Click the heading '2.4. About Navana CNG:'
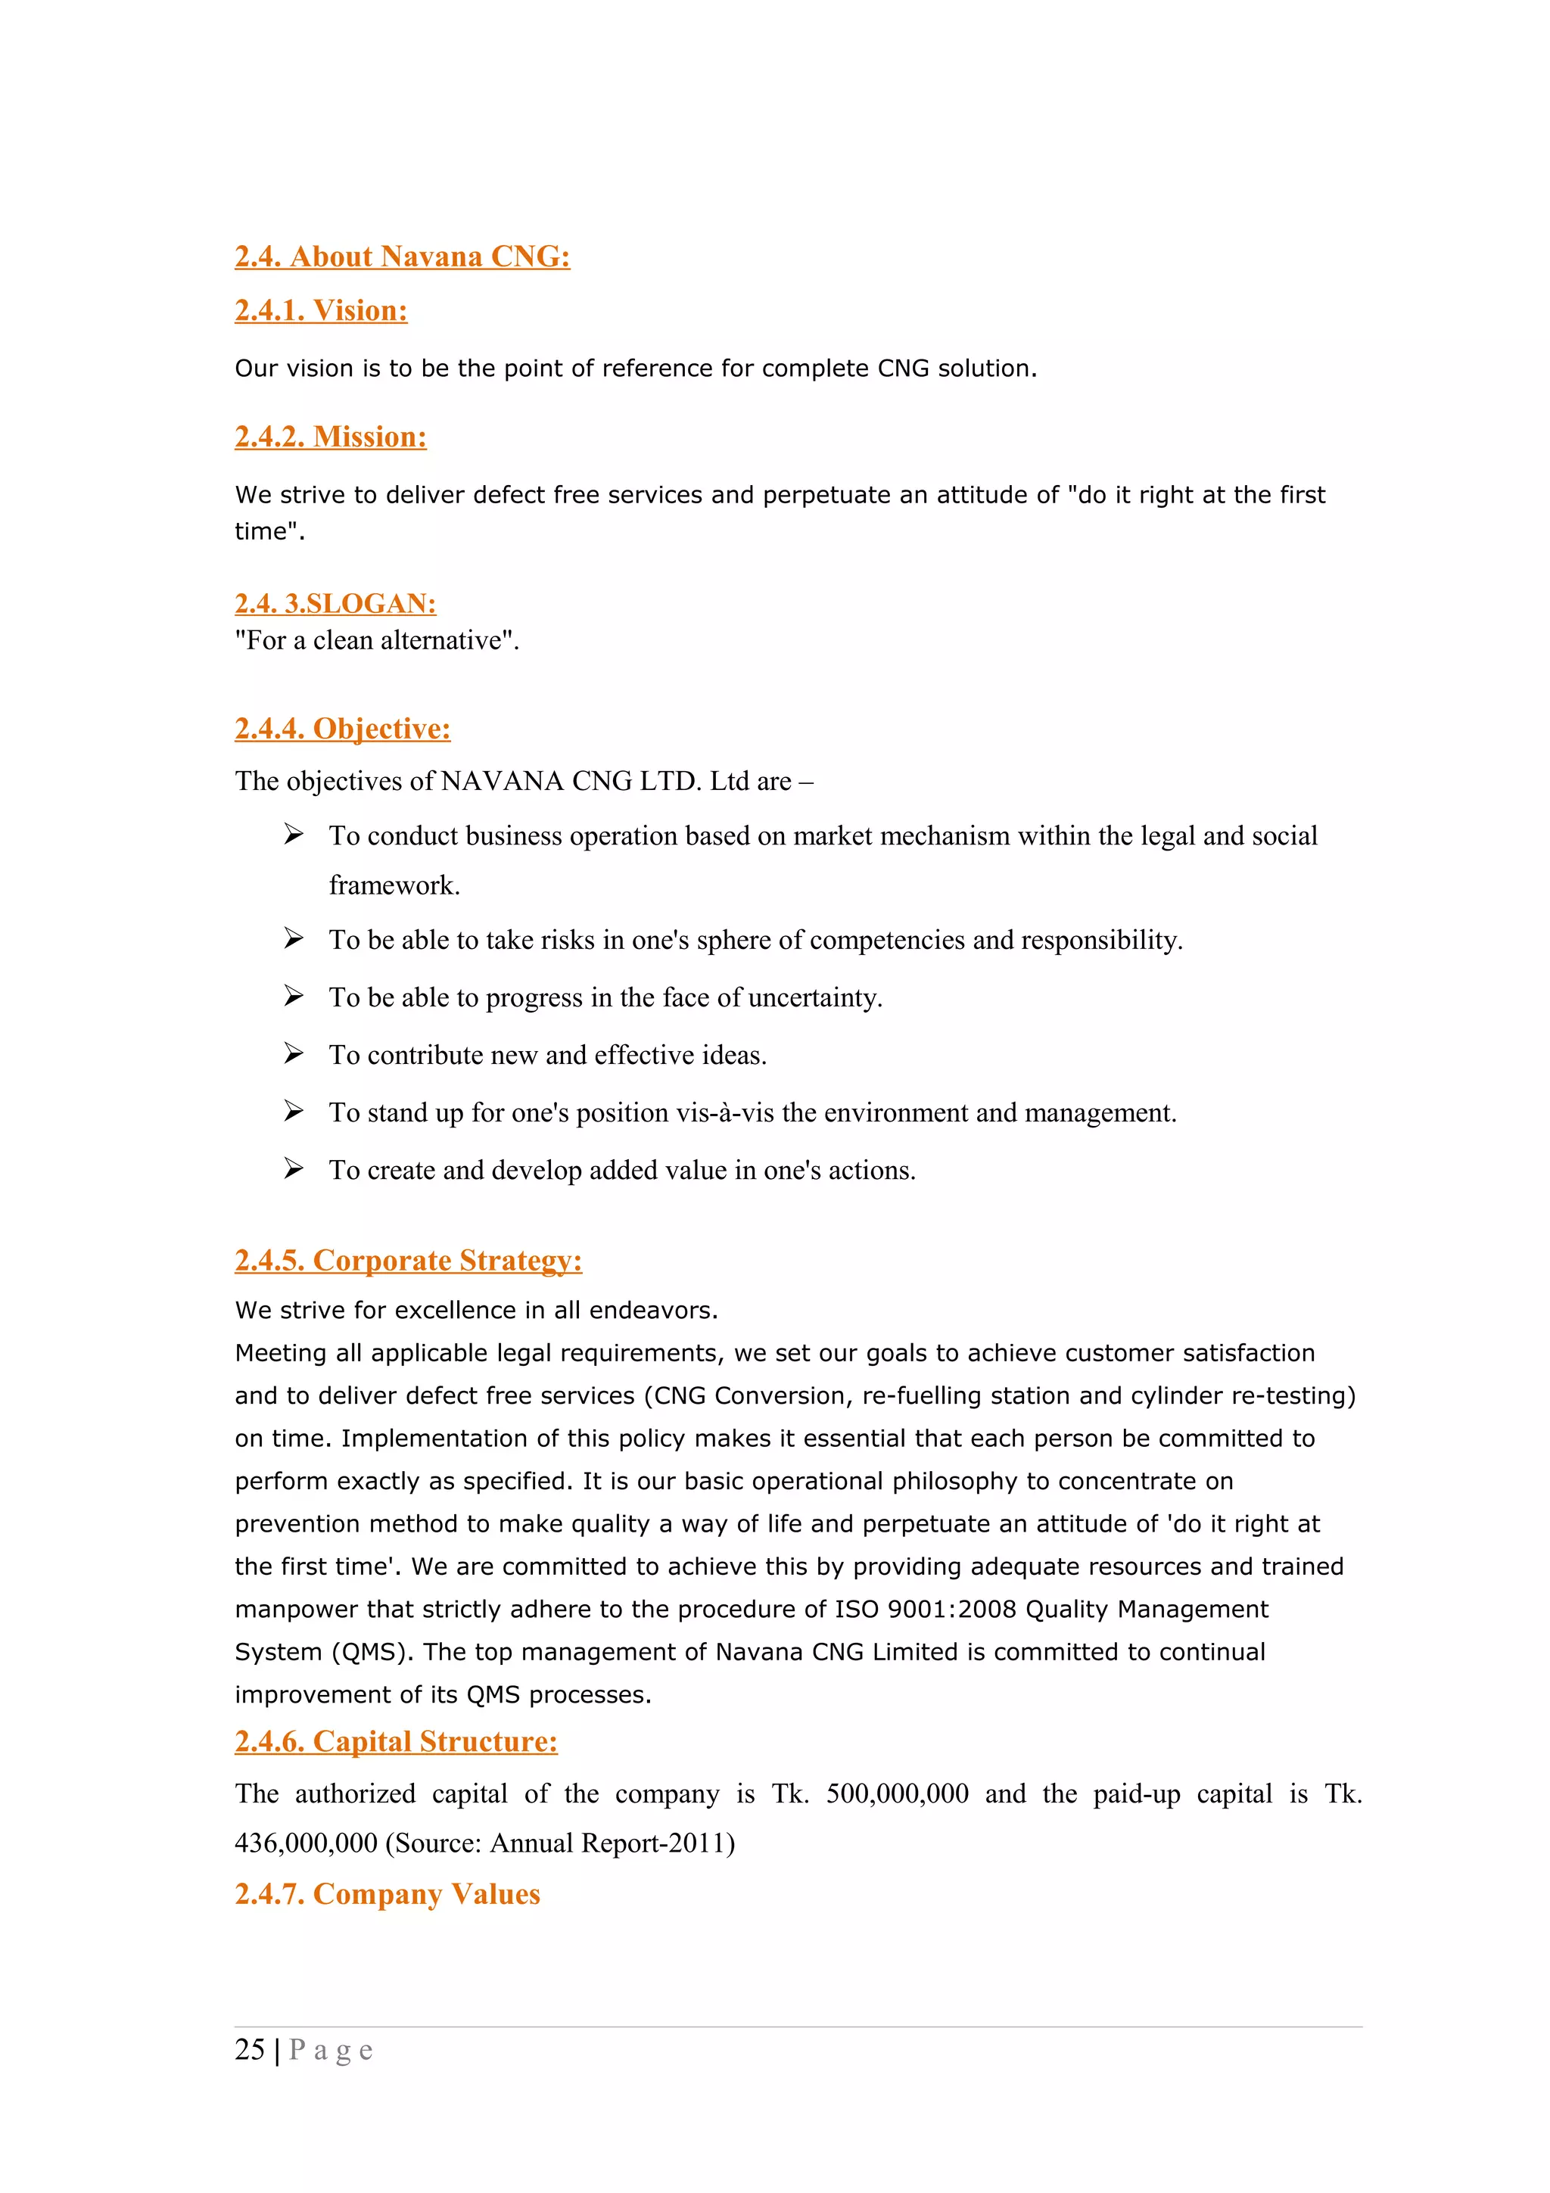point(402,257)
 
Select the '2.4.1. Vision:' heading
point(321,310)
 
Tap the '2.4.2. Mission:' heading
point(331,437)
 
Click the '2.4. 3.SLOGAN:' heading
point(335,604)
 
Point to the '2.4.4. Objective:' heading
point(342,729)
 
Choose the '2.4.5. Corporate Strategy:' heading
point(408,1261)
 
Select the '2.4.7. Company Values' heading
point(387,1894)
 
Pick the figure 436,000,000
point(306,1843)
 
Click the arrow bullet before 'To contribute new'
point(293,1053)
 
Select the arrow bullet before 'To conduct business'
point(293,835)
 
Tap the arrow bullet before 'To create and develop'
point(293,1169)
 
